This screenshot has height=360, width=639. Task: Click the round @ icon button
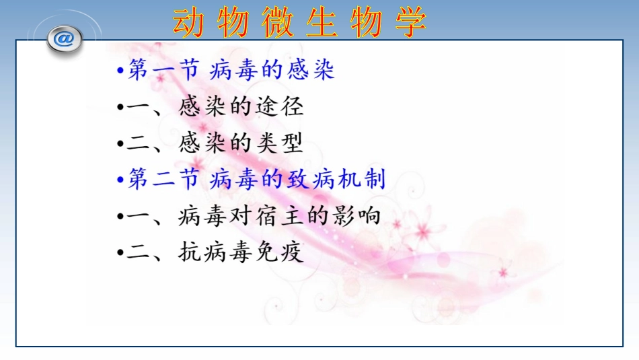click(x=64, y=39)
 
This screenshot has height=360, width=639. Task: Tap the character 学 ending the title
click(x=409, y=22)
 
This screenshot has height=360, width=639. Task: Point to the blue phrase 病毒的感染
click(x=272, y=70)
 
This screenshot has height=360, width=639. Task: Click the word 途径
click(x=283, y=106)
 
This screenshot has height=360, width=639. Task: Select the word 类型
click(x=283, y=143)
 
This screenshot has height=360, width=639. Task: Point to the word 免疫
click(x=283, y=252)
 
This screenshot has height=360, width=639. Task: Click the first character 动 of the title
click(x=189, y=22)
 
